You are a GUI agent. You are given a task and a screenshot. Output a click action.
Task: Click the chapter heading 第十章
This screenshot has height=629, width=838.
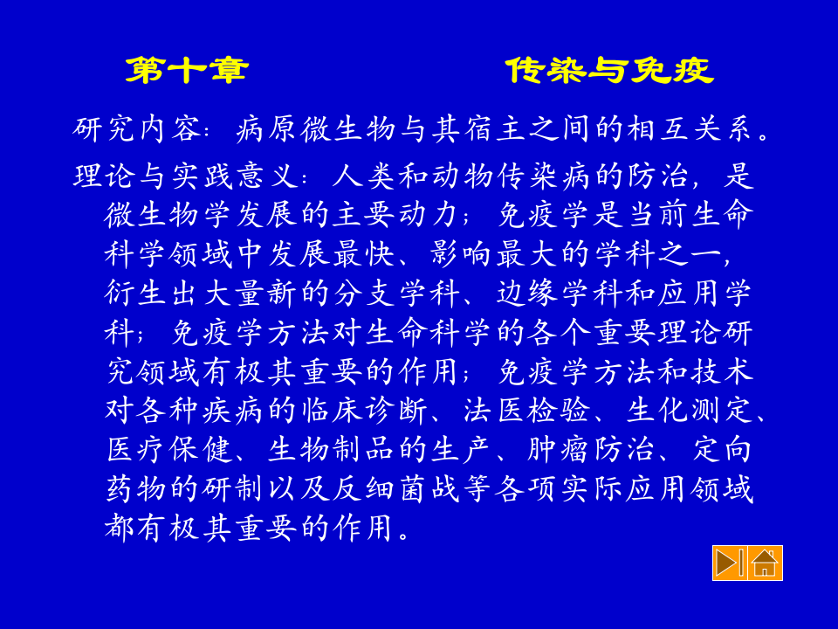[x=186, y=71]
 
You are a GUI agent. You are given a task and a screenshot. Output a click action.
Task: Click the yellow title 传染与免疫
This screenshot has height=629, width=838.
[x=609, y=71]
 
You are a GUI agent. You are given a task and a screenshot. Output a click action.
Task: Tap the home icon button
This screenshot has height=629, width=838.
[x=765, y=563]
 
